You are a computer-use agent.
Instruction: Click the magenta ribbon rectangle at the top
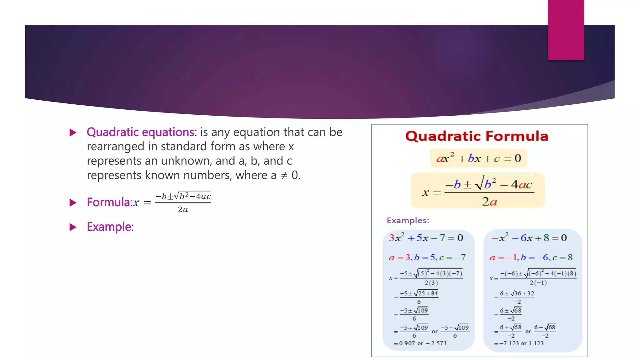coord(566,30)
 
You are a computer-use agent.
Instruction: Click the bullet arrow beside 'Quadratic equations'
coord(73,132)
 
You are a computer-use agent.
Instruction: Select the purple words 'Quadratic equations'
coord(140,132)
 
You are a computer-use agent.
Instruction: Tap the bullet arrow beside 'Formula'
coord(73,203)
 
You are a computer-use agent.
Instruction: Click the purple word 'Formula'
coord(108,202)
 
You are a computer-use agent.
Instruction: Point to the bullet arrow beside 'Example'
coord(73,227)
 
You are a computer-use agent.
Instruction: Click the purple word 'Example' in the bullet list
coord(109,227)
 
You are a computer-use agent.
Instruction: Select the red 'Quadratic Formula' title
coord(477,136)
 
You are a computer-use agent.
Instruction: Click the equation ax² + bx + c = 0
coord(478,158)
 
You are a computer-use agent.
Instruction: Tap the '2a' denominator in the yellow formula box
coord(489,202)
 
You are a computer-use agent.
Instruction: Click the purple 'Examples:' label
coord(408,221)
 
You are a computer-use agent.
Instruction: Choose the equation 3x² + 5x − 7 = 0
coord(426,238)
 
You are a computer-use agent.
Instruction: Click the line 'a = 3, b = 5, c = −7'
coord(427,257)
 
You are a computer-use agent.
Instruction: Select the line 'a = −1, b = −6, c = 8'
coord(531,257)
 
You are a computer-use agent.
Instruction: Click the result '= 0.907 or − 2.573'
coord(420,343)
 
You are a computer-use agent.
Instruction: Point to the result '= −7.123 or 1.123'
coord(519,343)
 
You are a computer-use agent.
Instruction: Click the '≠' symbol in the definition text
coord(284,176)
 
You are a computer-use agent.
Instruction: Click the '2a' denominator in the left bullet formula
coord(183,210)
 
